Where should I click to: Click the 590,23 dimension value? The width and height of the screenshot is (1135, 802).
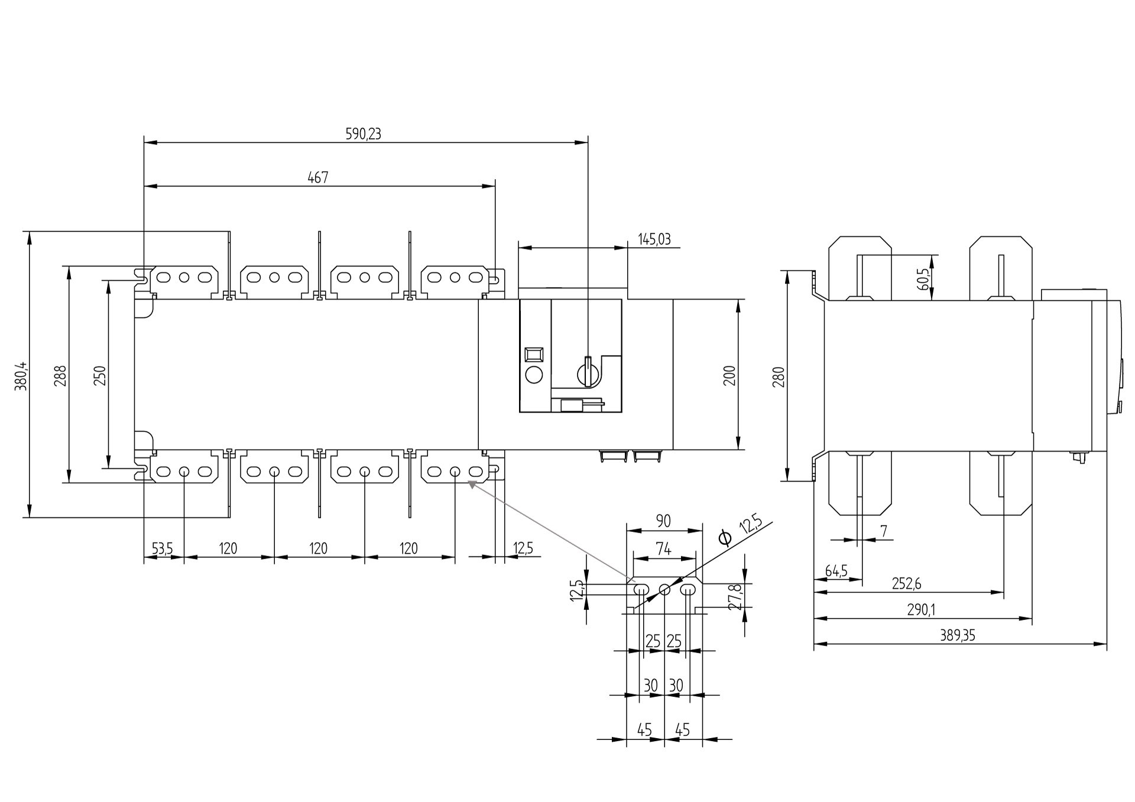coord(363,134)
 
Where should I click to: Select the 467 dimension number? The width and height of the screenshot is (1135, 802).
coord(318,177)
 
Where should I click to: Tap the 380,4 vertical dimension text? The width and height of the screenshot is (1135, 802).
coord(21,375)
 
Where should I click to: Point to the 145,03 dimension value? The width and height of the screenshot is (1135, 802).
coord(654,239)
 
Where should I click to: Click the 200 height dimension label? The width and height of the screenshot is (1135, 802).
coord(729,375)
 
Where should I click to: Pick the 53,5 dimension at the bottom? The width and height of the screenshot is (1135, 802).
coord(162,548)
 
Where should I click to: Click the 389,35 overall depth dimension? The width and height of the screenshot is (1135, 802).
coord(957,635)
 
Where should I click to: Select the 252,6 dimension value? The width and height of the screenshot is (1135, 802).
coord(906,584)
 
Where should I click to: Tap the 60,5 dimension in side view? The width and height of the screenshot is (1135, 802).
coord(924,278)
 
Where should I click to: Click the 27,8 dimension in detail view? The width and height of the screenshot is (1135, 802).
coord(735,597)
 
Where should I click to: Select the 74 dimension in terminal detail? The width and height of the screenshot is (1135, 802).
coord(664,549)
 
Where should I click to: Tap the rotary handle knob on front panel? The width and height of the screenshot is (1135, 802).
coord(588,372)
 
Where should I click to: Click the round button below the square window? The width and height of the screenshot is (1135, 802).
coord(534,374)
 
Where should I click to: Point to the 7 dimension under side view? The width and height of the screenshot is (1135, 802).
coord(884,531)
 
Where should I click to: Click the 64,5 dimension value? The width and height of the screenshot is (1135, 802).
coord(836,571)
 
